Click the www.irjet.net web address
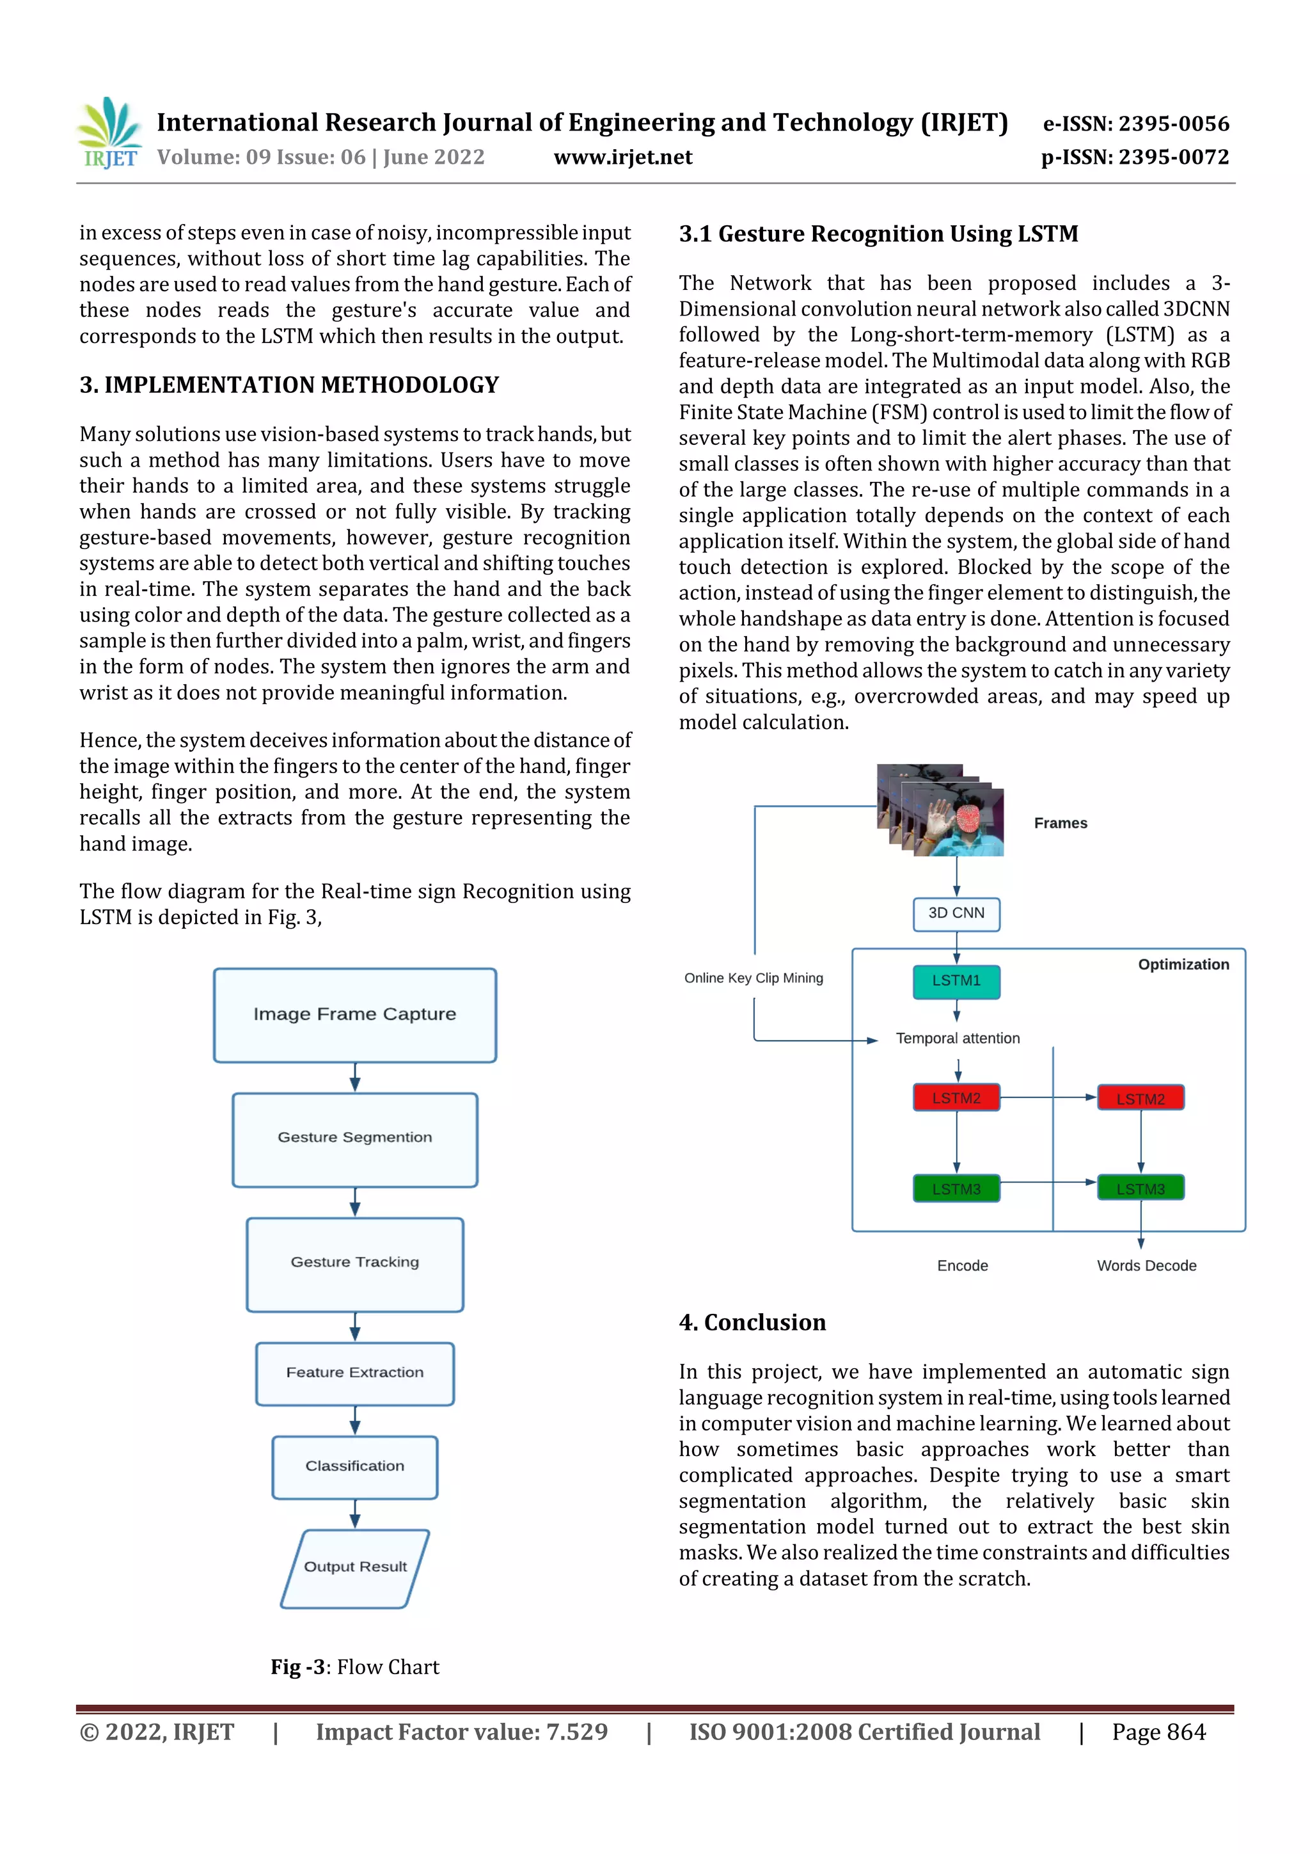(x=622, y=157)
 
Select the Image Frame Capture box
(x=354, y=1015)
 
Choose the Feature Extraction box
(x=354, y=1373)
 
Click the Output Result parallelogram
(x=354, y=1568)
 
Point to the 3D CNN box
(x=956, y=914)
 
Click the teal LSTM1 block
(x=956, y=981)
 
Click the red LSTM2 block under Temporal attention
(x=956, y=1098)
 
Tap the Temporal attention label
(x=958, y=1039)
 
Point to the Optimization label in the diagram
(x=1183, y=964)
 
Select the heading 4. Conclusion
(x=752, y=1322)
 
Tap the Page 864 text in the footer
(x=1158, y=1732)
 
